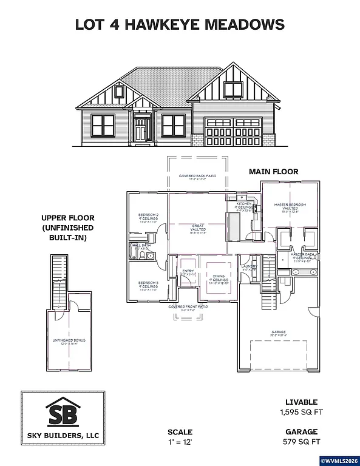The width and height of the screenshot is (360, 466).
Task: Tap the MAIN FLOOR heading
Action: [x=273, y=172]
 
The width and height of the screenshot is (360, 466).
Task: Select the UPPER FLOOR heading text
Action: [x=67, y=218]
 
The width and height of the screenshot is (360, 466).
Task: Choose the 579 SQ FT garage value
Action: [x=302, y=441]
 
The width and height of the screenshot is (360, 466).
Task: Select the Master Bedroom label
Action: [x=290, y=206]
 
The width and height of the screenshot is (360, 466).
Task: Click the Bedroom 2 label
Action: [x=149, y=215]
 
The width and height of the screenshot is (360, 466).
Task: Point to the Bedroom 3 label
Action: [x=148, y=283]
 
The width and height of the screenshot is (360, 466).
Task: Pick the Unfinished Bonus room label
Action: [x=69, y=340]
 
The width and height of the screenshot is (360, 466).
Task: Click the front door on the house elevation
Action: [x=142, y=130]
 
